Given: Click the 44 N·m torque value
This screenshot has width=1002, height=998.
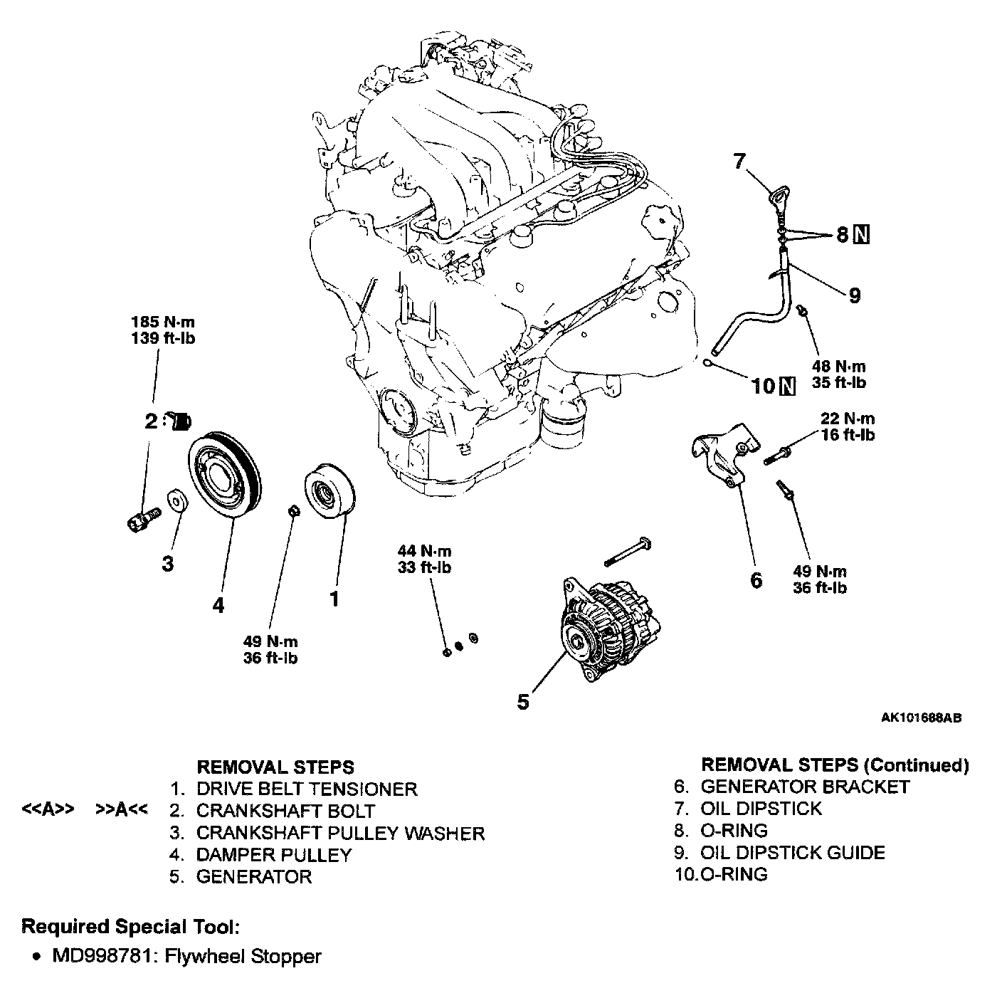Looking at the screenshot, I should pos(424,551).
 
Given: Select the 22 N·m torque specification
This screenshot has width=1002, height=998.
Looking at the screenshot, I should pos(847,419).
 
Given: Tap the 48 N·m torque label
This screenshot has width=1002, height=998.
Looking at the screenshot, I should pos(839,367).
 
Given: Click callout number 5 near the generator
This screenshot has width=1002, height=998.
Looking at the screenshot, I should pos(523,702).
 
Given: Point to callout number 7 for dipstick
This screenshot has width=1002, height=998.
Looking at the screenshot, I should pos(739,162).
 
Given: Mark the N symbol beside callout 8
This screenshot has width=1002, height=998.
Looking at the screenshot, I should pos(861,234).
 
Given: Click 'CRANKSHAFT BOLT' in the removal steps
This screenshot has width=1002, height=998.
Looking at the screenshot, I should pos(285,811).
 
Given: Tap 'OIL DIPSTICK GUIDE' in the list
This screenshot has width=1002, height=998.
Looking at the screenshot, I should pos(793,852).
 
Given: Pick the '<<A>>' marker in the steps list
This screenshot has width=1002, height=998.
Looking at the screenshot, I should pos(48,810).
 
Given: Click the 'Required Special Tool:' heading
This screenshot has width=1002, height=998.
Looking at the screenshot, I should pos(130,926).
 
